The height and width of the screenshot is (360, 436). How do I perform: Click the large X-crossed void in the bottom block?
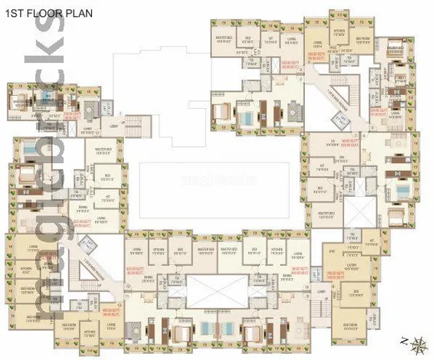(x=215, y=290)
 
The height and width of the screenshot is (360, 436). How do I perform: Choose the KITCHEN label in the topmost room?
(x=339, y=31)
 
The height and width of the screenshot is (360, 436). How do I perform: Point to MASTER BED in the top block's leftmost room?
(x=223, y=38)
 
